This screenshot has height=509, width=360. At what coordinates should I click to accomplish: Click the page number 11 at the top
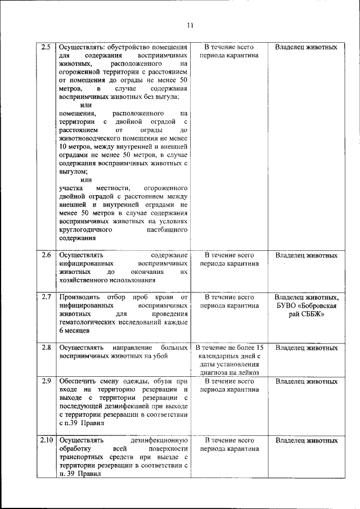[x=190, y=25]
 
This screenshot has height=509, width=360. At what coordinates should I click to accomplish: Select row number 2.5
[x=47, y=47]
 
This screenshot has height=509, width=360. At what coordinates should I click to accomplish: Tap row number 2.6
[x=47, y=255]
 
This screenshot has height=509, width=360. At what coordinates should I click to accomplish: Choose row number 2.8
[x=47, y=348]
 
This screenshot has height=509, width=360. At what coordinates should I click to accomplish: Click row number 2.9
[x=47, y=381]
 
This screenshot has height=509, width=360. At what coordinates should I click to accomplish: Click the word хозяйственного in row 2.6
[x=84, y=280]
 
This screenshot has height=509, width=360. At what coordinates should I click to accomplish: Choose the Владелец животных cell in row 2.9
[x=306, y=381]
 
